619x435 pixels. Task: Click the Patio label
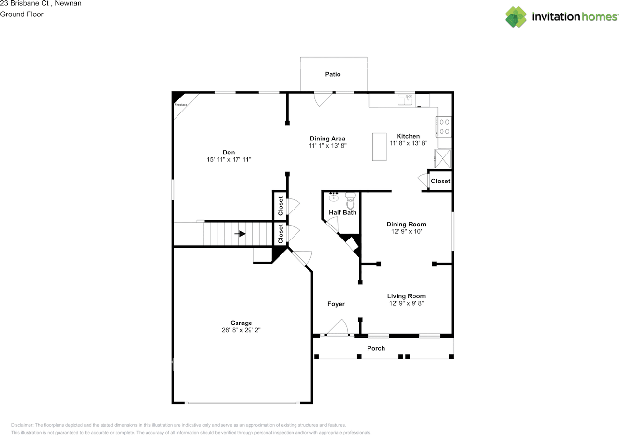point(333,74)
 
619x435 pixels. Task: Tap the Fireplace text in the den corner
point(180,105)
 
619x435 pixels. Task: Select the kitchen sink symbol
point(405,100)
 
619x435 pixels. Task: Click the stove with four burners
point(444,126)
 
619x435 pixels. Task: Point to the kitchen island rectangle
point(380,147)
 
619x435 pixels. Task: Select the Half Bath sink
point(334,196)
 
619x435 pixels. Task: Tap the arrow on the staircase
point(240,234)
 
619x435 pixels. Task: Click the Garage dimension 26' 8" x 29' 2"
point(241,331)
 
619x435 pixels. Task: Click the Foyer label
point(336,304)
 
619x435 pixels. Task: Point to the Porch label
point(376,348)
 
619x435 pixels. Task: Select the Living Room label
point(406,296)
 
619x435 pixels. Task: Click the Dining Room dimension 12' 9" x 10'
point(406,231)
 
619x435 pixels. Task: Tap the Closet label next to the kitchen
point(441,181)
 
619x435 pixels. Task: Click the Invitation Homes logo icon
point(516,17)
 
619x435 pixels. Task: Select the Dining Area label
point(327,139)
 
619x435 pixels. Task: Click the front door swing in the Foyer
point(339,328)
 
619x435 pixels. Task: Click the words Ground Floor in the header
point(22,14)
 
